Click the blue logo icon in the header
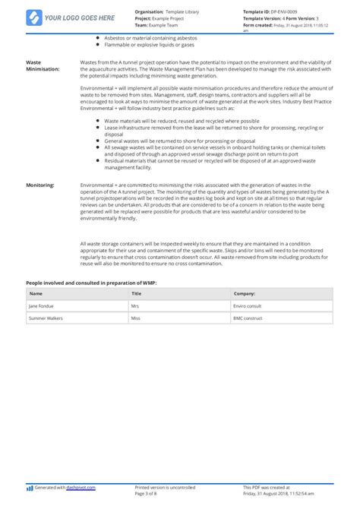(34, 17)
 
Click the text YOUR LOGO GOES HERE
(79, 17)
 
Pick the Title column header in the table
(137, 292)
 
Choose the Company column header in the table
(244, 292)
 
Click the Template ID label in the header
(261, 12)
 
